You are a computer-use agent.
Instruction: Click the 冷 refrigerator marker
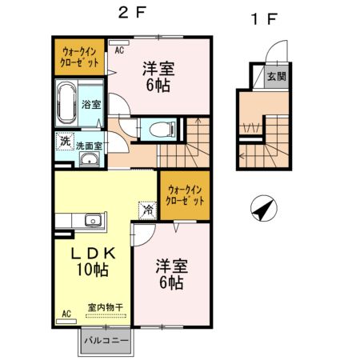coord(148,210)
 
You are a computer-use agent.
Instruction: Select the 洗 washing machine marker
coord(64,142)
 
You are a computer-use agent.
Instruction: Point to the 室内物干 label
coord(105,306)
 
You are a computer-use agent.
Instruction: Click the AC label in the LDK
coord(65,314)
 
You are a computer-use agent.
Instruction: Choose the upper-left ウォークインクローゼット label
coord(80,56)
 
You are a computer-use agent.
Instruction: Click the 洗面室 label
coord(88,146)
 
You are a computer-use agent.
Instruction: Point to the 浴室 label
coord(91,104)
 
